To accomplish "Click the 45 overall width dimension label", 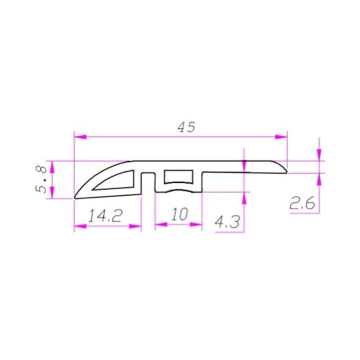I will coord(185,127).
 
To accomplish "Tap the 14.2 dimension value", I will coord(105,215).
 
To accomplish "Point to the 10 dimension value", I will coord(178,214).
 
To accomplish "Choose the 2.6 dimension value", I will coord(302,203).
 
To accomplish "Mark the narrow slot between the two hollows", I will coord(147,181).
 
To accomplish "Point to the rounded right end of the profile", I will coord(286,168).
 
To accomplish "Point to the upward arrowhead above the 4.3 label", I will coord(243,198).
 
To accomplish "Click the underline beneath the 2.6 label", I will coord(302,212).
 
